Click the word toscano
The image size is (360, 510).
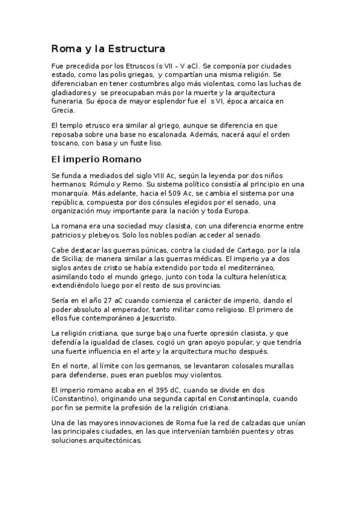tap(67, 144)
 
